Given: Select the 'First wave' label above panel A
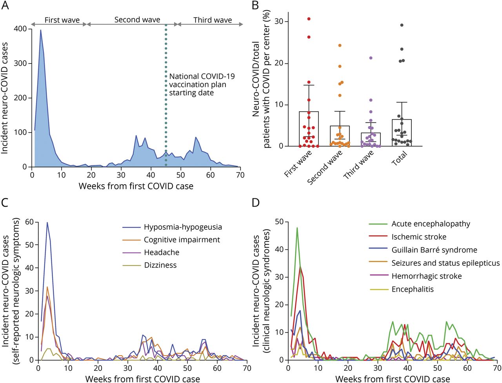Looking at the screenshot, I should [62, 20].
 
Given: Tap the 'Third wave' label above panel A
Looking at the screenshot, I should [212, 20].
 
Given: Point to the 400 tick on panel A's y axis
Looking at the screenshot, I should [19, 29].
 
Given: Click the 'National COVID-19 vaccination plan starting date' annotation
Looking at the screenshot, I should [202, 84].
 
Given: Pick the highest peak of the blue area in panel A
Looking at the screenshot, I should [40, 30].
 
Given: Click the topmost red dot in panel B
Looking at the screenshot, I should [309, 19].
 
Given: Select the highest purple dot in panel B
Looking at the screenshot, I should [370, 58].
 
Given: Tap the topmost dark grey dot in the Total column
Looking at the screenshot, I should [402, 25].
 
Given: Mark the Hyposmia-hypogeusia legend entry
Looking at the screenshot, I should [182, 227].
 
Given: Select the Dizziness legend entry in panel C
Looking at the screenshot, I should [160, 265].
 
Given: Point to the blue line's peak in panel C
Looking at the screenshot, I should [47, 223].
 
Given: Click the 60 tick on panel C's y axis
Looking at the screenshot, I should [29, 222].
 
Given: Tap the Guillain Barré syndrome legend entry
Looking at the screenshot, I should [434, 250].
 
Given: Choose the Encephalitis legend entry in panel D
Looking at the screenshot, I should [412, 289].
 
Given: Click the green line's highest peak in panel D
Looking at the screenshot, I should [297, 228].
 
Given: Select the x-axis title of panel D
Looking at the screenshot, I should [393, 379].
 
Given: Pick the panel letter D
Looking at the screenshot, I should [255, 202].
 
